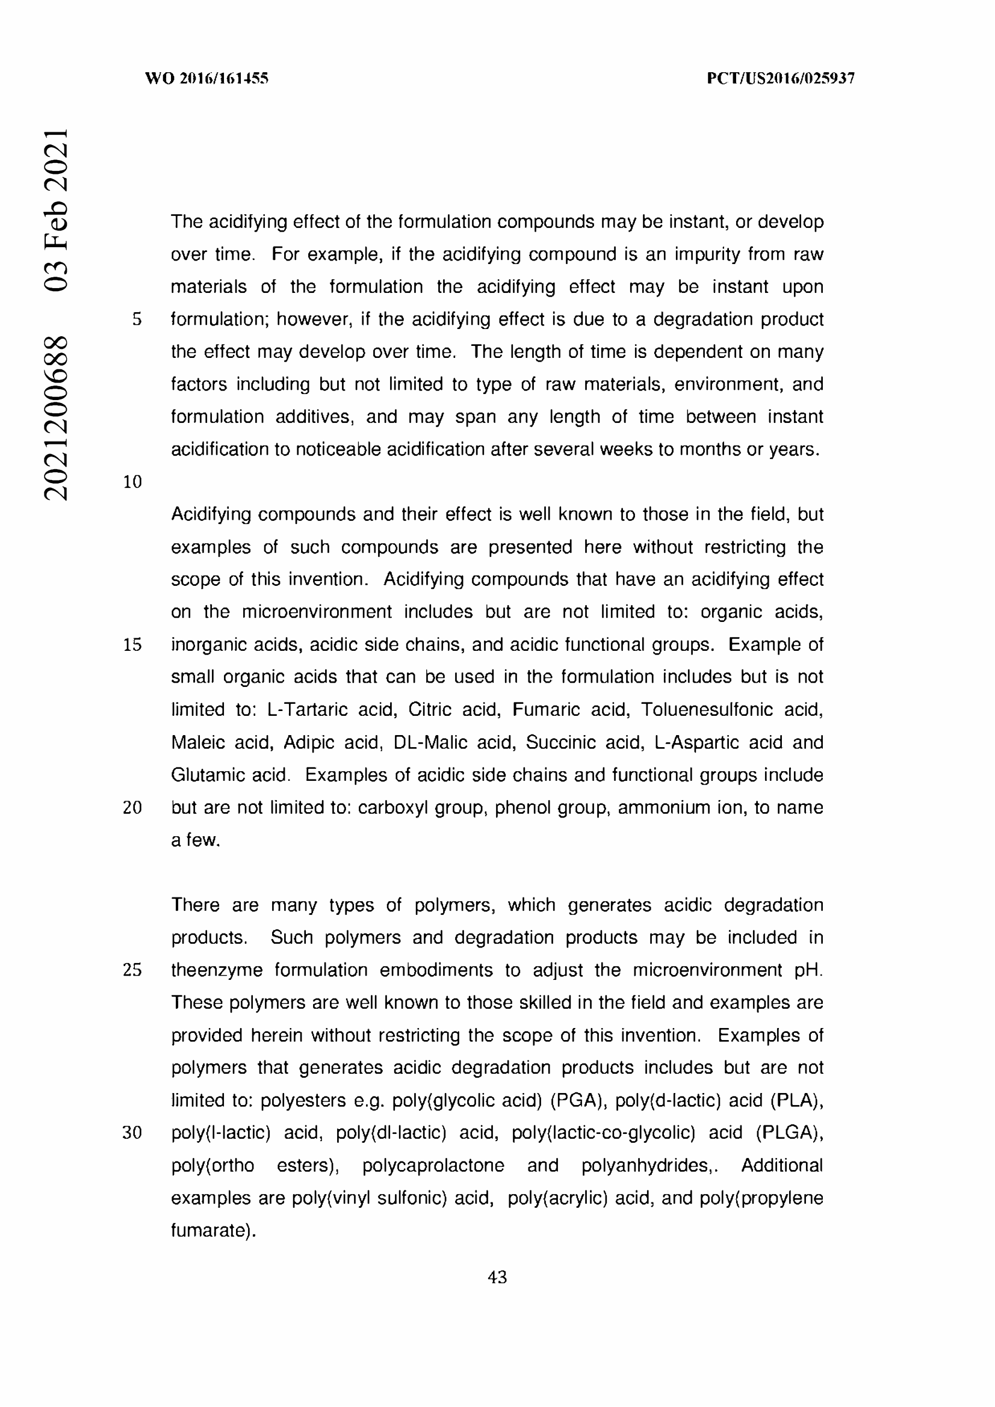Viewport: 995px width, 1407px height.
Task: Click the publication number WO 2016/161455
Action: [x=206, y=78]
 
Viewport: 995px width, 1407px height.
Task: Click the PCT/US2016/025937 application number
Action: [x=781, y=78]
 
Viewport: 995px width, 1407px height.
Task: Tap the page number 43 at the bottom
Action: [x=497, y=1277]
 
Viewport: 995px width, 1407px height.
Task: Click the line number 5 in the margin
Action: [x=137, y=319]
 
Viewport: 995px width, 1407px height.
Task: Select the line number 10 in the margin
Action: [x=132, y=482]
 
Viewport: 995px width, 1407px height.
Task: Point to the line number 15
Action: [x=132, y=645]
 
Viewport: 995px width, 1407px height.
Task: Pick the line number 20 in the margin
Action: [x=132, y=808]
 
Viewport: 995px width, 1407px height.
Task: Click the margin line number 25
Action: [x=132, y=970]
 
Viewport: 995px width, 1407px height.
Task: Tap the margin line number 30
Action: [x=132, y=1133]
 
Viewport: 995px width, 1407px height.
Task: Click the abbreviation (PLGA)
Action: [x=789, y=1133]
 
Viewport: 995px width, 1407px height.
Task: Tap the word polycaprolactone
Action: [x=433, y=1166]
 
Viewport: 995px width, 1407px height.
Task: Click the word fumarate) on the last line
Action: [x=212, y=1231]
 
